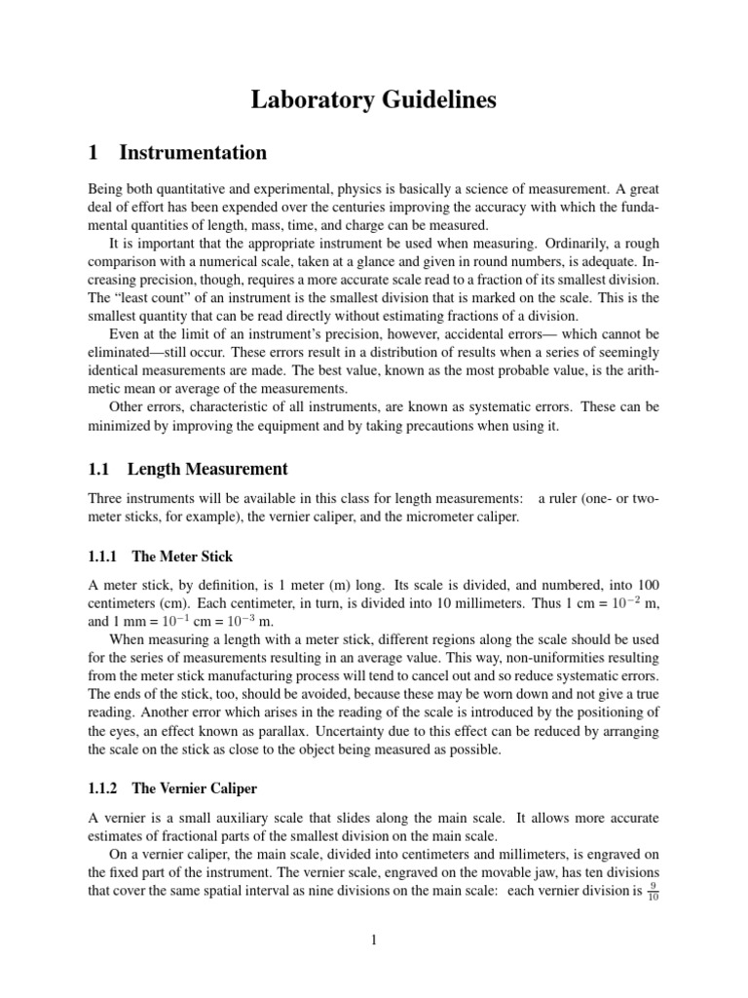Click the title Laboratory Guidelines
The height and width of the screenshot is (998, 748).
click(x=374, y=99)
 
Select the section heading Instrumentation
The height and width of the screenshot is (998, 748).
click(x=192, y=152)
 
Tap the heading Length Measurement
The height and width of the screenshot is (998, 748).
click(x=209, y=470)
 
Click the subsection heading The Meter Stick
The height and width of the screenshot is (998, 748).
click(x=182, y=557)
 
